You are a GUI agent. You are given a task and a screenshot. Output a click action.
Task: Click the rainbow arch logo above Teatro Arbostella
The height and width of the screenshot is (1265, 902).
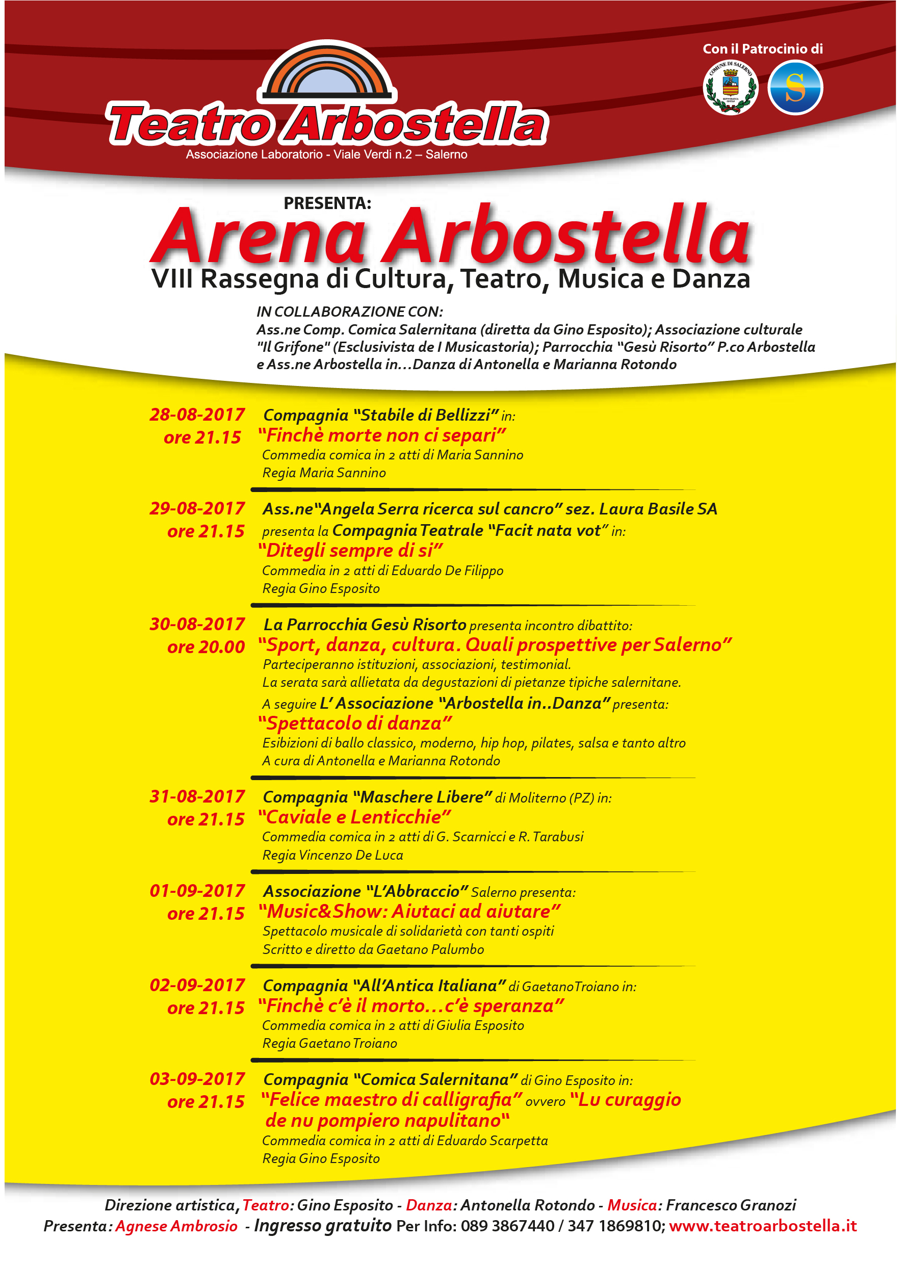tap(327, 72)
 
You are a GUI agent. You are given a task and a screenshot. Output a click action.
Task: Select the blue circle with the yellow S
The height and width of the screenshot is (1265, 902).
tap(795, 88)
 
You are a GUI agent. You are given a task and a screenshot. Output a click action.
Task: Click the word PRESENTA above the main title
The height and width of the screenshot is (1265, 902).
tap(327, 203)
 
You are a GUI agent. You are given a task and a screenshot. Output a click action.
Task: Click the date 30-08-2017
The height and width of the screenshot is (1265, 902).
tap(197, 624)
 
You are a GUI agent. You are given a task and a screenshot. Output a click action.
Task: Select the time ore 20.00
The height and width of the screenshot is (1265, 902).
tap(206, 647)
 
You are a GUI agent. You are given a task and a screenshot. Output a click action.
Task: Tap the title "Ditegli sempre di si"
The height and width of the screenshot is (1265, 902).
tap(350, 550)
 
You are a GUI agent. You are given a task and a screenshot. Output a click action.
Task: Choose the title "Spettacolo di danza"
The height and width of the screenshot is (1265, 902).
tap(355, 723)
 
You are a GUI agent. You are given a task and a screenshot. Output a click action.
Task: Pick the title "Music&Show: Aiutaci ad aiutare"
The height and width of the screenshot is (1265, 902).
tap(409, 911)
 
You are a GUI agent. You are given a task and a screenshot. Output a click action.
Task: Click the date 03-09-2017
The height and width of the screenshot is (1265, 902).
tap(197, 1079)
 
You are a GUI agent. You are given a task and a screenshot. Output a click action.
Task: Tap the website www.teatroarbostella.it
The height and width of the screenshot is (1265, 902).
tap(763, 1226)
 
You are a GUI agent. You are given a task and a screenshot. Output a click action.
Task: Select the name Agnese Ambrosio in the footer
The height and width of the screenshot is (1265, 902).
tap(176, 1226)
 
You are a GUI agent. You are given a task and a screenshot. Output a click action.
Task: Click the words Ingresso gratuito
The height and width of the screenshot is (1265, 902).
tap(323, 1225)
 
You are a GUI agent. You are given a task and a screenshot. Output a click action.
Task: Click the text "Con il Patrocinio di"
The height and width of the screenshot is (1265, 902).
tap(763, 49)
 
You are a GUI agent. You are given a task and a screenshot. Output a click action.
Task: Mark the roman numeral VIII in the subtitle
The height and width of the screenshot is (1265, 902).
tap(172, 279)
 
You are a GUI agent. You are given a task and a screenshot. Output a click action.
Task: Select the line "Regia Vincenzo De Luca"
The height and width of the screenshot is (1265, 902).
tap(332, 855)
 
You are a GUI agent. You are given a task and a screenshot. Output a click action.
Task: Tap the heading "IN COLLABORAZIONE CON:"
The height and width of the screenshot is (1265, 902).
tap(349, 312)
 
